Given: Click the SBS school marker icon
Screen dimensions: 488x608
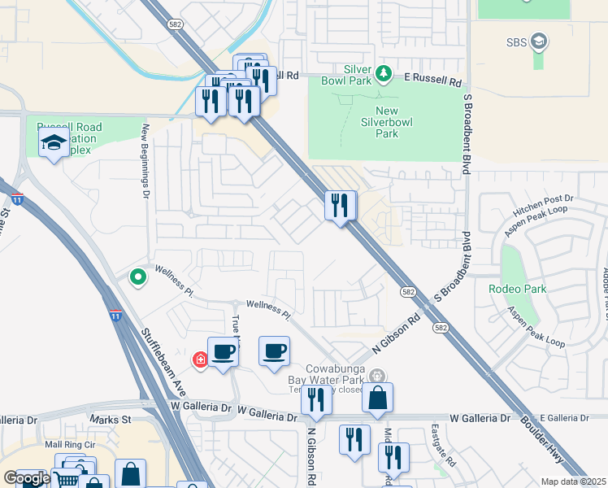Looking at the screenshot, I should pyautogui.click(x=538, y=41).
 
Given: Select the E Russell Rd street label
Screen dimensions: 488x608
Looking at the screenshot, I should pyautogui.click(x=433, y=82).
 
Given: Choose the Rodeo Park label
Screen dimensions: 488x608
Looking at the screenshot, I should pyautogui.click(x=517, y=289).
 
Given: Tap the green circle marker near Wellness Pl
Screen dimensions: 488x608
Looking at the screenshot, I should pyautogui.click(x=138, y=277).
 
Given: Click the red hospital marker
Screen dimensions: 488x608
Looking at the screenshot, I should pyautogui.click(x=199, y=359).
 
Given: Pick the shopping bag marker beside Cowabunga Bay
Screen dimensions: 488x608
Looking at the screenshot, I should pyautogui.click(x=377, y=398).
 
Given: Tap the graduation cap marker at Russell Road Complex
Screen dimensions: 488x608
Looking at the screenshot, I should pyautogui.click(x=54, y=143).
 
